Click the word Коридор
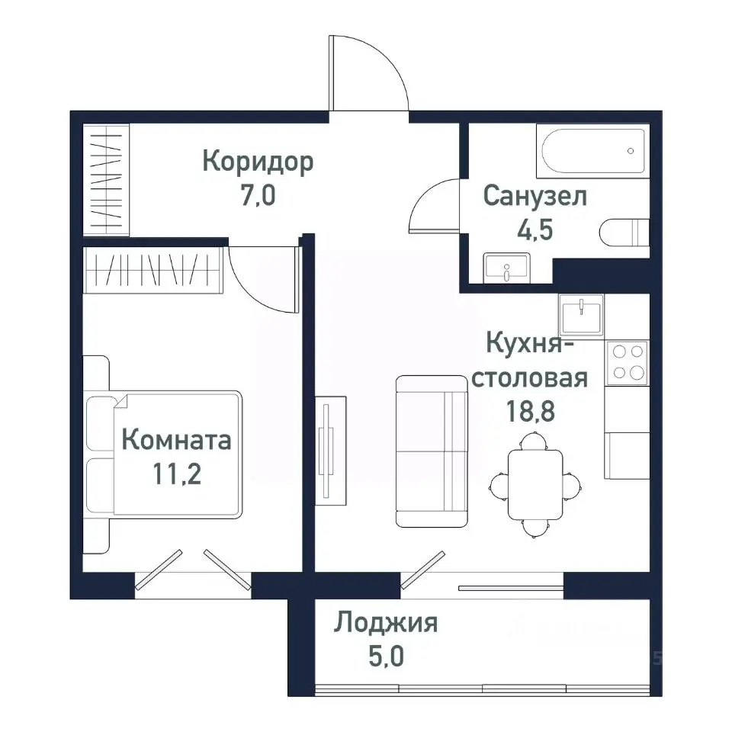click(258, 162)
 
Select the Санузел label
click(535, 196)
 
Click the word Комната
click(176, 440)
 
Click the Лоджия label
click(385, 624)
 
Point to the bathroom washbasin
click(506, 268)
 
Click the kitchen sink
click(582, 312)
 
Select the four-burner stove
click(627, 361)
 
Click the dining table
click(535, 484)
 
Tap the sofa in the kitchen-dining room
click(432, 451)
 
